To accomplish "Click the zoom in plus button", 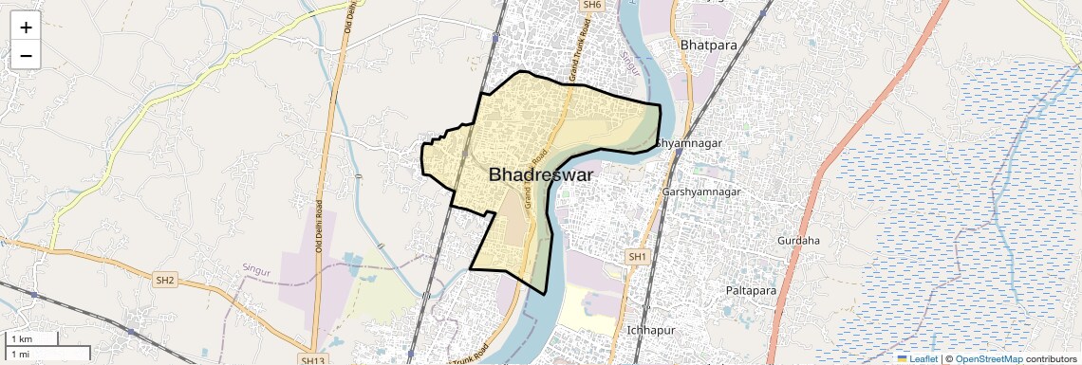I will (26, 28).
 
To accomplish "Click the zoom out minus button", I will (26, 57).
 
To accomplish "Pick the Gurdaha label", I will (798, 241).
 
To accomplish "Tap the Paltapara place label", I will (751, 289).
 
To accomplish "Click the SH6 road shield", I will (592, 5).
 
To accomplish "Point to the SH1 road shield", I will (636, 257).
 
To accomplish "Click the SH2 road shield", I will (165, 280).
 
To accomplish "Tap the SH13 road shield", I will (312, 360).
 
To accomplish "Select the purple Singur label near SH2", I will (256, 271).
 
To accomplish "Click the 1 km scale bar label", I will (21, 339).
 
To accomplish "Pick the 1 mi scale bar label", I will (20, 355).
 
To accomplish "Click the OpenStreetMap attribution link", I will (988, 359).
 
